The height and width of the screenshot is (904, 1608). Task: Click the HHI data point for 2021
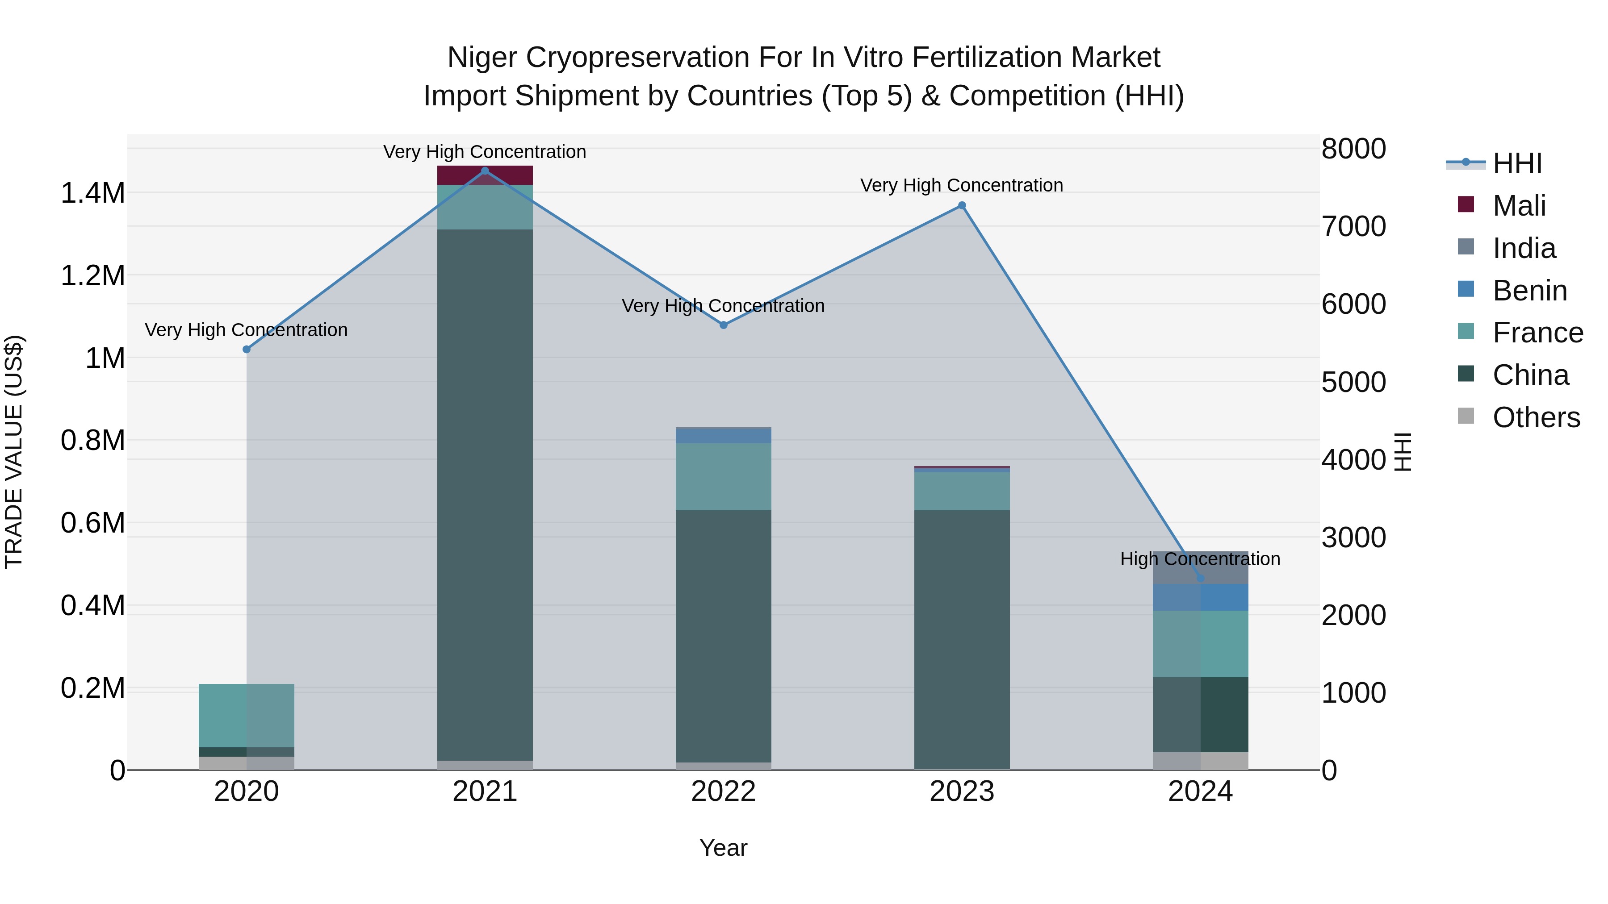point(485,171)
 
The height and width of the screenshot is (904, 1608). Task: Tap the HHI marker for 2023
point(962,206)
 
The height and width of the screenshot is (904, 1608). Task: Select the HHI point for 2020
point(247,350)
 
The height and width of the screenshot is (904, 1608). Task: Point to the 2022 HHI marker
point(724,325)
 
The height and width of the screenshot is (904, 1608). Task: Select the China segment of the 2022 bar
point(724,636)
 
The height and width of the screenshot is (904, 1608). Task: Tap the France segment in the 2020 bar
point(247,716)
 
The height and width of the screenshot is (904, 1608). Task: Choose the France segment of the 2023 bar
point(962,492)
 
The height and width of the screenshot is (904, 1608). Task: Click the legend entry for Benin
point(1529,291)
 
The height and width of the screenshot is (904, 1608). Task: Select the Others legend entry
point(1536,417)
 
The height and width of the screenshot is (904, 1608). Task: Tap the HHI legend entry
point(1517,163)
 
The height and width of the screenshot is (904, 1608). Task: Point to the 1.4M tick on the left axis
point(92,193)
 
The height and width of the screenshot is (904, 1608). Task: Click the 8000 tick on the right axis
point(1353,149)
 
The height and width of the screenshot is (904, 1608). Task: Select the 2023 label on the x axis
point(962,792)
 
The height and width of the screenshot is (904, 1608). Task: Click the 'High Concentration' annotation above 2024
point(1200,559)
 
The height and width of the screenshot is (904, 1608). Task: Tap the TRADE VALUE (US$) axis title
point(14,452)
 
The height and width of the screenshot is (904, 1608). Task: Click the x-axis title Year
point(724,848)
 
